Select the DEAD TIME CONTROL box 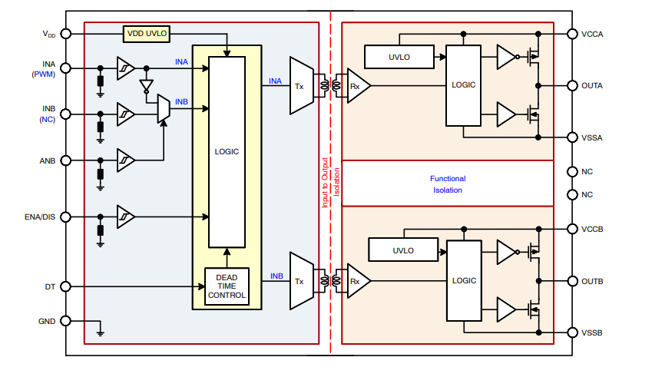[x=227, y=286]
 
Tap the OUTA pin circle [x=571, y=85]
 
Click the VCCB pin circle [x=571, y=229]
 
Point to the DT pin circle [x=65, y=287]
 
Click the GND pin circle [x=65, y=321]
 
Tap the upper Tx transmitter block [x=300, y=86]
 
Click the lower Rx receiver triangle [x=357, y=281]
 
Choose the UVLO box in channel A [x=399, y=56]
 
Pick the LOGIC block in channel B [x=465, y=281]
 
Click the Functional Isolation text [x=447, y=184]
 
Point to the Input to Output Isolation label [x=330, y=183]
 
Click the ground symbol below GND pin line [x=101, y=333]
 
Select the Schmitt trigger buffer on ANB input [x=126, y=160]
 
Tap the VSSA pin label [x=592, y=137]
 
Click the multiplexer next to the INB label [x=163, y=109]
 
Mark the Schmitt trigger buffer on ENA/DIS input [x=126, y=217]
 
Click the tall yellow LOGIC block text [x=227, y=151]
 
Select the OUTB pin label [x=592, y=281]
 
